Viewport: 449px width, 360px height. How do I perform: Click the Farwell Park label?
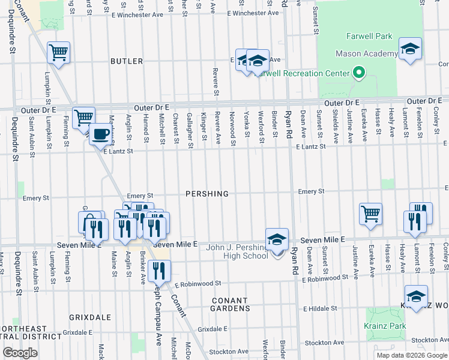(369, 37)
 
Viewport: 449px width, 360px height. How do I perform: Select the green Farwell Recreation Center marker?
(359, 73)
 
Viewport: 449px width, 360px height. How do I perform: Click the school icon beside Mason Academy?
(410, 50)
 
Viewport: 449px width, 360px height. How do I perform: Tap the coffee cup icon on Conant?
(100, 135)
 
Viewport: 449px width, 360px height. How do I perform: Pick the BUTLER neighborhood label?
(127, 61)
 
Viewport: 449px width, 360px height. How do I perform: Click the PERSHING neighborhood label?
(207, 194)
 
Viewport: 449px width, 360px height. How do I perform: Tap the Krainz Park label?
(385, 326)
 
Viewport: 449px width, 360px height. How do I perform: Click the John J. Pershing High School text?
(237, 252)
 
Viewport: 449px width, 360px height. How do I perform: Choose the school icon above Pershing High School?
(276, 240)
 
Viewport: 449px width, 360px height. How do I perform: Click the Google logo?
(21, 353)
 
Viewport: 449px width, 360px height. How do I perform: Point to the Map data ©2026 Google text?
(411, 355)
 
